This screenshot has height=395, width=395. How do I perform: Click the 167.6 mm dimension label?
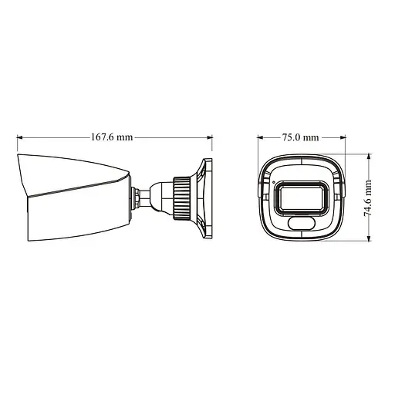pos(112,137)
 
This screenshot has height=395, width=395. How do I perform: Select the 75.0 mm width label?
pos(300,137)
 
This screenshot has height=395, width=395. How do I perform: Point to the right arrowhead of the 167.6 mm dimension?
pos(209,138)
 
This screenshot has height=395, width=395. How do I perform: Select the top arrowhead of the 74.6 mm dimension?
pos(369,157)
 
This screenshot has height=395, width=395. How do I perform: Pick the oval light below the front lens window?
pos(302,224)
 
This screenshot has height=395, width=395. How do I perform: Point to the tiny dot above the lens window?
pos(272,182)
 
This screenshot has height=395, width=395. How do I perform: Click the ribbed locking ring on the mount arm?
pos(181,197)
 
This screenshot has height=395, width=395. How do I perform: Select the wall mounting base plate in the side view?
pos(205,197)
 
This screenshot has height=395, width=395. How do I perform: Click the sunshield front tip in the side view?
pos(20,159)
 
